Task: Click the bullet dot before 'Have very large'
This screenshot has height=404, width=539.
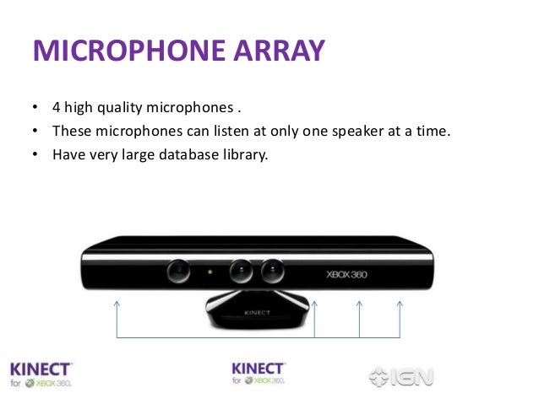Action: point(35,155)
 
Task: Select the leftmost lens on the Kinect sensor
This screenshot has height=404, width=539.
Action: point(178,272)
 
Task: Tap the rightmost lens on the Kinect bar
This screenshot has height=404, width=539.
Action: point(271,272)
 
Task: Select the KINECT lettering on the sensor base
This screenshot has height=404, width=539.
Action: point(259,312)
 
